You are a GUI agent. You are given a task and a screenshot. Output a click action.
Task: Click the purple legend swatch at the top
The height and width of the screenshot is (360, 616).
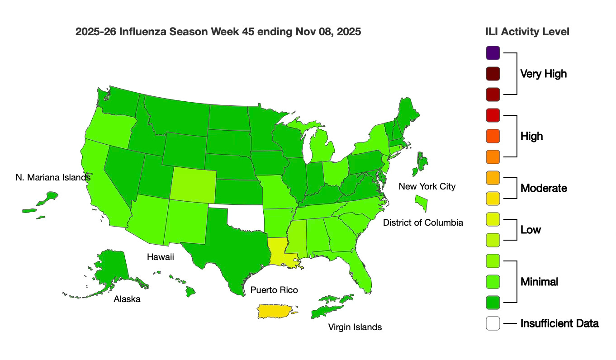click(493, 53)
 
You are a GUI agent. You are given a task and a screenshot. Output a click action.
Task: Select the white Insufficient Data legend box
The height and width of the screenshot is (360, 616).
click(493, 323)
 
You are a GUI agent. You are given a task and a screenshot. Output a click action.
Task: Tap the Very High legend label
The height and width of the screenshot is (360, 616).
click(543, 74)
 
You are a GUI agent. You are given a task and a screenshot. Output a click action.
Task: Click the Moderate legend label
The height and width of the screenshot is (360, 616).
click(544, 188)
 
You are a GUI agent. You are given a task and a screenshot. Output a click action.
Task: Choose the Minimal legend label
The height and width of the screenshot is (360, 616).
click(539, 282)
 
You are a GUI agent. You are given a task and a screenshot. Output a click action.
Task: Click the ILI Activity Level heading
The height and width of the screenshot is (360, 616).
click(526, 32)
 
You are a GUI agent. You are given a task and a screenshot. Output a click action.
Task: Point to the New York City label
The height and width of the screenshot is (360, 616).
click(427, 186)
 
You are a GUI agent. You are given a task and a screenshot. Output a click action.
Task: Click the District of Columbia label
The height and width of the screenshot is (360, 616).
click(423, 223)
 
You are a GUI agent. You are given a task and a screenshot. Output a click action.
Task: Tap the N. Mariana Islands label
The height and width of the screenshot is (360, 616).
click(53, 177)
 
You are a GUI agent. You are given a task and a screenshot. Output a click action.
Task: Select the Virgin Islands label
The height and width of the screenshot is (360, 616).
click(355, 327)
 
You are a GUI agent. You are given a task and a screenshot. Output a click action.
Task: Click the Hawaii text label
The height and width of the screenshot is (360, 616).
click(161, 257)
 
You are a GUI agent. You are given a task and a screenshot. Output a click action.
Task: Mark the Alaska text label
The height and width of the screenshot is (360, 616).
click(127, 299)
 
